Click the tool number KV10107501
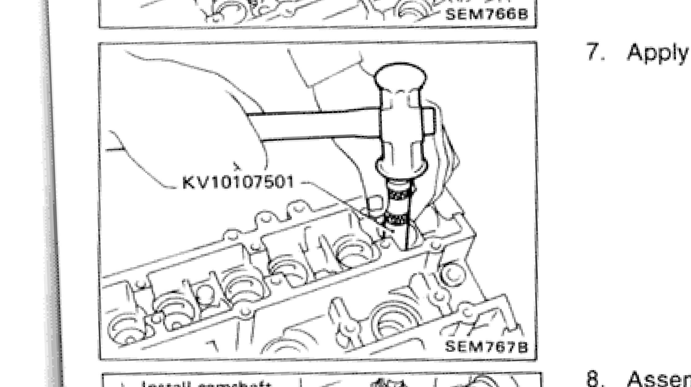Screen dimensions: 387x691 (238, 182)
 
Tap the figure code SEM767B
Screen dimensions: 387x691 (486, 347)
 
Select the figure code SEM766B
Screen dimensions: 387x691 (486, 14)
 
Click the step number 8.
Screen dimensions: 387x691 (594, 379)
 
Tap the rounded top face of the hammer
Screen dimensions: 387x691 (400, 75)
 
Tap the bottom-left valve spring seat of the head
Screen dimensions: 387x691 (126, 329)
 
